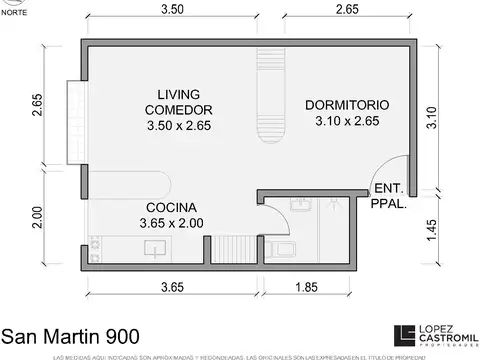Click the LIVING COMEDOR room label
(x=177, y=100)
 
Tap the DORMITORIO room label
(x=348, y=105)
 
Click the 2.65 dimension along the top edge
(x=347, y=11)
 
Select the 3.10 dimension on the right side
(x=430, y=121)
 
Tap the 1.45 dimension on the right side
(x=430, y=229)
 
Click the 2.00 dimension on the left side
(x=37, y=219)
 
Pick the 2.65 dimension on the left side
(x=37, y=106)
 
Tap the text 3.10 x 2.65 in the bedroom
(x=348, y=123)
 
